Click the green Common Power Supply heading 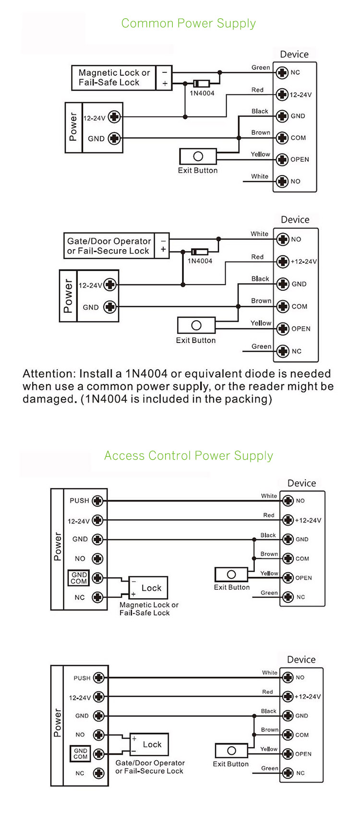coord(188,24)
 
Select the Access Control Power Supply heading coord(188,455)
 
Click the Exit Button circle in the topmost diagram coord(198,156)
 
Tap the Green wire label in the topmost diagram coord(261,68)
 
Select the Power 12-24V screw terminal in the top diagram coord(114,117)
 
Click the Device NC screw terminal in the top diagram coord(282,72)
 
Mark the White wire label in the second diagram coord(259,234)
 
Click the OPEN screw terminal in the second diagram coord(283,329)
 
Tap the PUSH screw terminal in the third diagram coord(97,501)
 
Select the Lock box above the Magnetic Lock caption coord(148,587)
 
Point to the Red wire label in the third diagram coord(269,515)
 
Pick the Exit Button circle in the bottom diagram coord(231,751)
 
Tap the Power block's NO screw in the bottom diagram coord(99,735)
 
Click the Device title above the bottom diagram coord(301,660)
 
